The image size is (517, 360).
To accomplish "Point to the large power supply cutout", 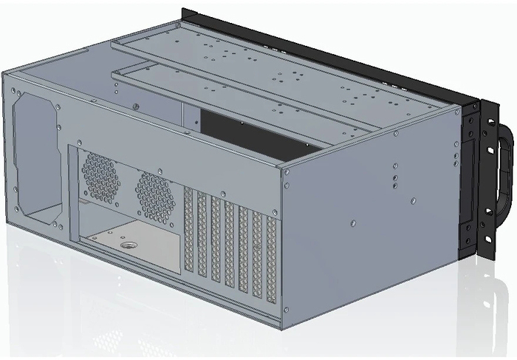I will (35, 155).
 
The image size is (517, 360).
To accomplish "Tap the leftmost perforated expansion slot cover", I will (188, 233).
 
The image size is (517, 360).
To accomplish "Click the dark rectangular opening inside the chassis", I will (251, 133).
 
